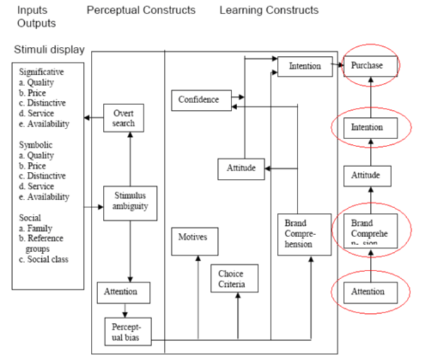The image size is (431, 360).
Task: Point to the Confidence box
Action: [199, 100]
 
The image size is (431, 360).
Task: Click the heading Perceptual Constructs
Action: [141, 11]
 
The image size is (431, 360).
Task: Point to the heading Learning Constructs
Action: [268, 11]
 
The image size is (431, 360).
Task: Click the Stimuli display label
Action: [49, 50]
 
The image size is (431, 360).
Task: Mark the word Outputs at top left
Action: [36, 23]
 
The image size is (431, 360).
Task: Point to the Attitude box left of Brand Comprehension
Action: [236, 168]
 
